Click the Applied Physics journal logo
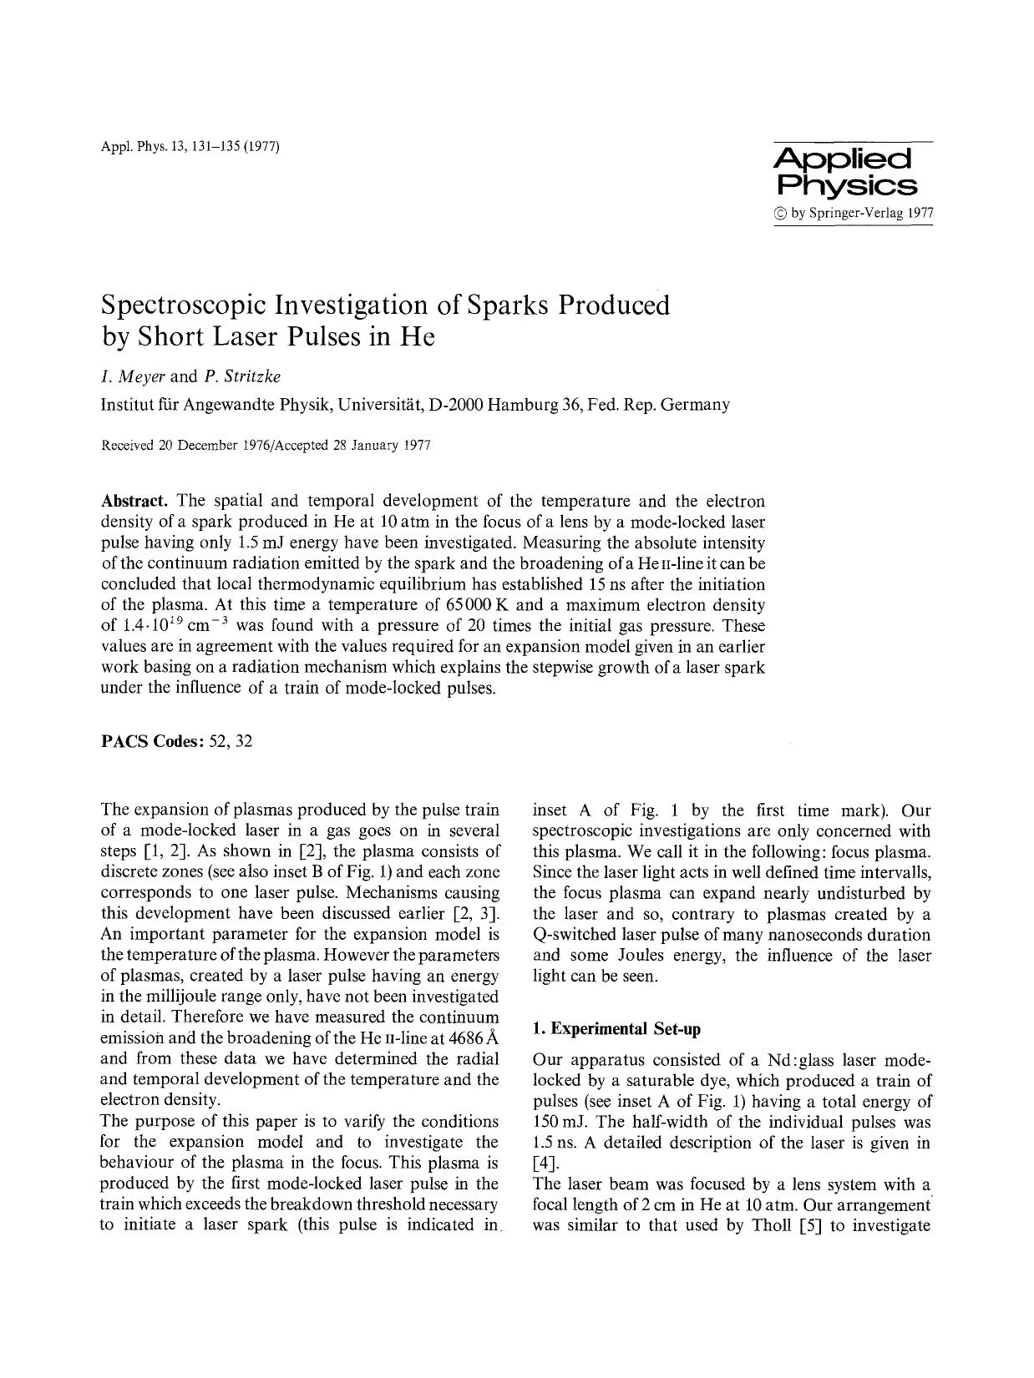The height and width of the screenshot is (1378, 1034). coord(846,172)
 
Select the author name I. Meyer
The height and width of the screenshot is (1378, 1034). coord(131,376)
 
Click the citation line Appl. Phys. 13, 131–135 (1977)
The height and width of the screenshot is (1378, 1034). coord(190,148)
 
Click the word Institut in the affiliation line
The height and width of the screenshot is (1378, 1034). coord(126,406)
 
